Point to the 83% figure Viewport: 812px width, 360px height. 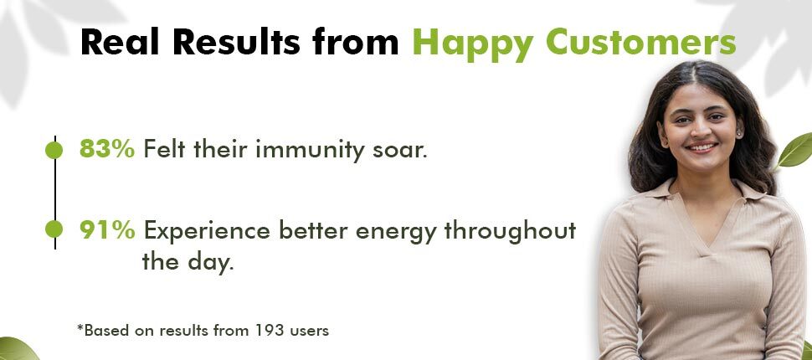(x=107, y=150)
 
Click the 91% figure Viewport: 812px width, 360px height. (x=107, y=230)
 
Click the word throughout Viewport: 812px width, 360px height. (x=510, y=231)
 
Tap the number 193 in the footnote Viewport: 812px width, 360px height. (x=270, y=330)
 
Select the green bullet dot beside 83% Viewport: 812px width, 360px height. (x=54, y=150)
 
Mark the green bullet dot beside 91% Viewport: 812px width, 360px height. (x=54, y=229)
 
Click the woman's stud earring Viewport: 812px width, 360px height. (x=738, y=134)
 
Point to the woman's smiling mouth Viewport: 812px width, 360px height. (x=702, y=147)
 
